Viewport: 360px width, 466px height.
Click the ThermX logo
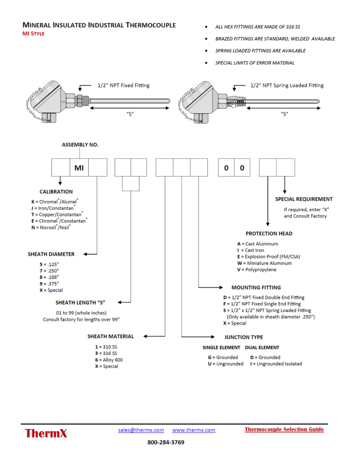point(46,433)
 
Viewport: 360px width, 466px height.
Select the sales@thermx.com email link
point(141,430)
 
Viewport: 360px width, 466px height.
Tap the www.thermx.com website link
point(193,430)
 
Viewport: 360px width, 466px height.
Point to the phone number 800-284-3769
point(166,442)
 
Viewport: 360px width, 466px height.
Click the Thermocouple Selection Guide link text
point(284,429)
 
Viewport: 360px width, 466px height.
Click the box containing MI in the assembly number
point(79,167)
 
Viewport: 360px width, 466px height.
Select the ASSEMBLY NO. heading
point(80,145)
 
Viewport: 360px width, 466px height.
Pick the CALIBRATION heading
point(56,192)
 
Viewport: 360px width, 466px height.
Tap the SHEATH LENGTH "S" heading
point(81,302)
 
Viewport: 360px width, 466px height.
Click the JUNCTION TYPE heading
point(243,337)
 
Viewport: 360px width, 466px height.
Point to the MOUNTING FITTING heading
point(256,288)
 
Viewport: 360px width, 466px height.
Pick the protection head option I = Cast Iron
point(256,250)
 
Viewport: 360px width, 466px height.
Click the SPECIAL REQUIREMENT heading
point(304,199)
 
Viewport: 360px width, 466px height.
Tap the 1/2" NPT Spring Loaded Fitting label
point(287,85)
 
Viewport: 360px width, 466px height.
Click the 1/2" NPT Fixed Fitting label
point(123,85)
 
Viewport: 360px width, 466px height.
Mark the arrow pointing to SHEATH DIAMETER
point(91,254)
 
